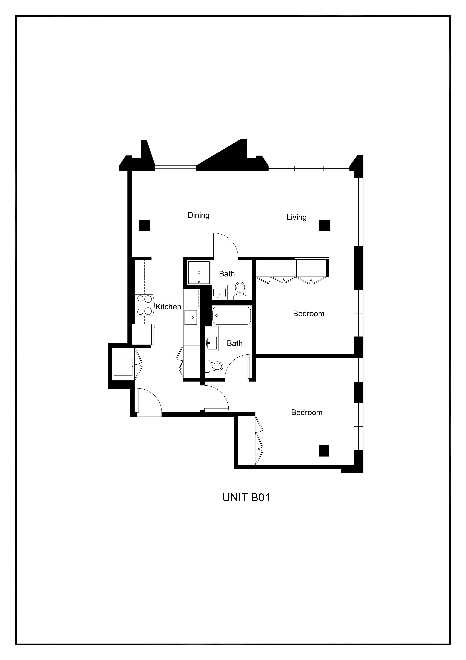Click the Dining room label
click(x=198, y=215)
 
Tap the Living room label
click(x=296, y=217)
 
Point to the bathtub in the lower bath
click(x=231, y=316)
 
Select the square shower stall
click(x=199, y=272)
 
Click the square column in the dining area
click(x=144, y=226)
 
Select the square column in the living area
click(x=325, y=225)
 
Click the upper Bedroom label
click(x=309, y=314)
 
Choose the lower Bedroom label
click(x=307, y=412)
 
